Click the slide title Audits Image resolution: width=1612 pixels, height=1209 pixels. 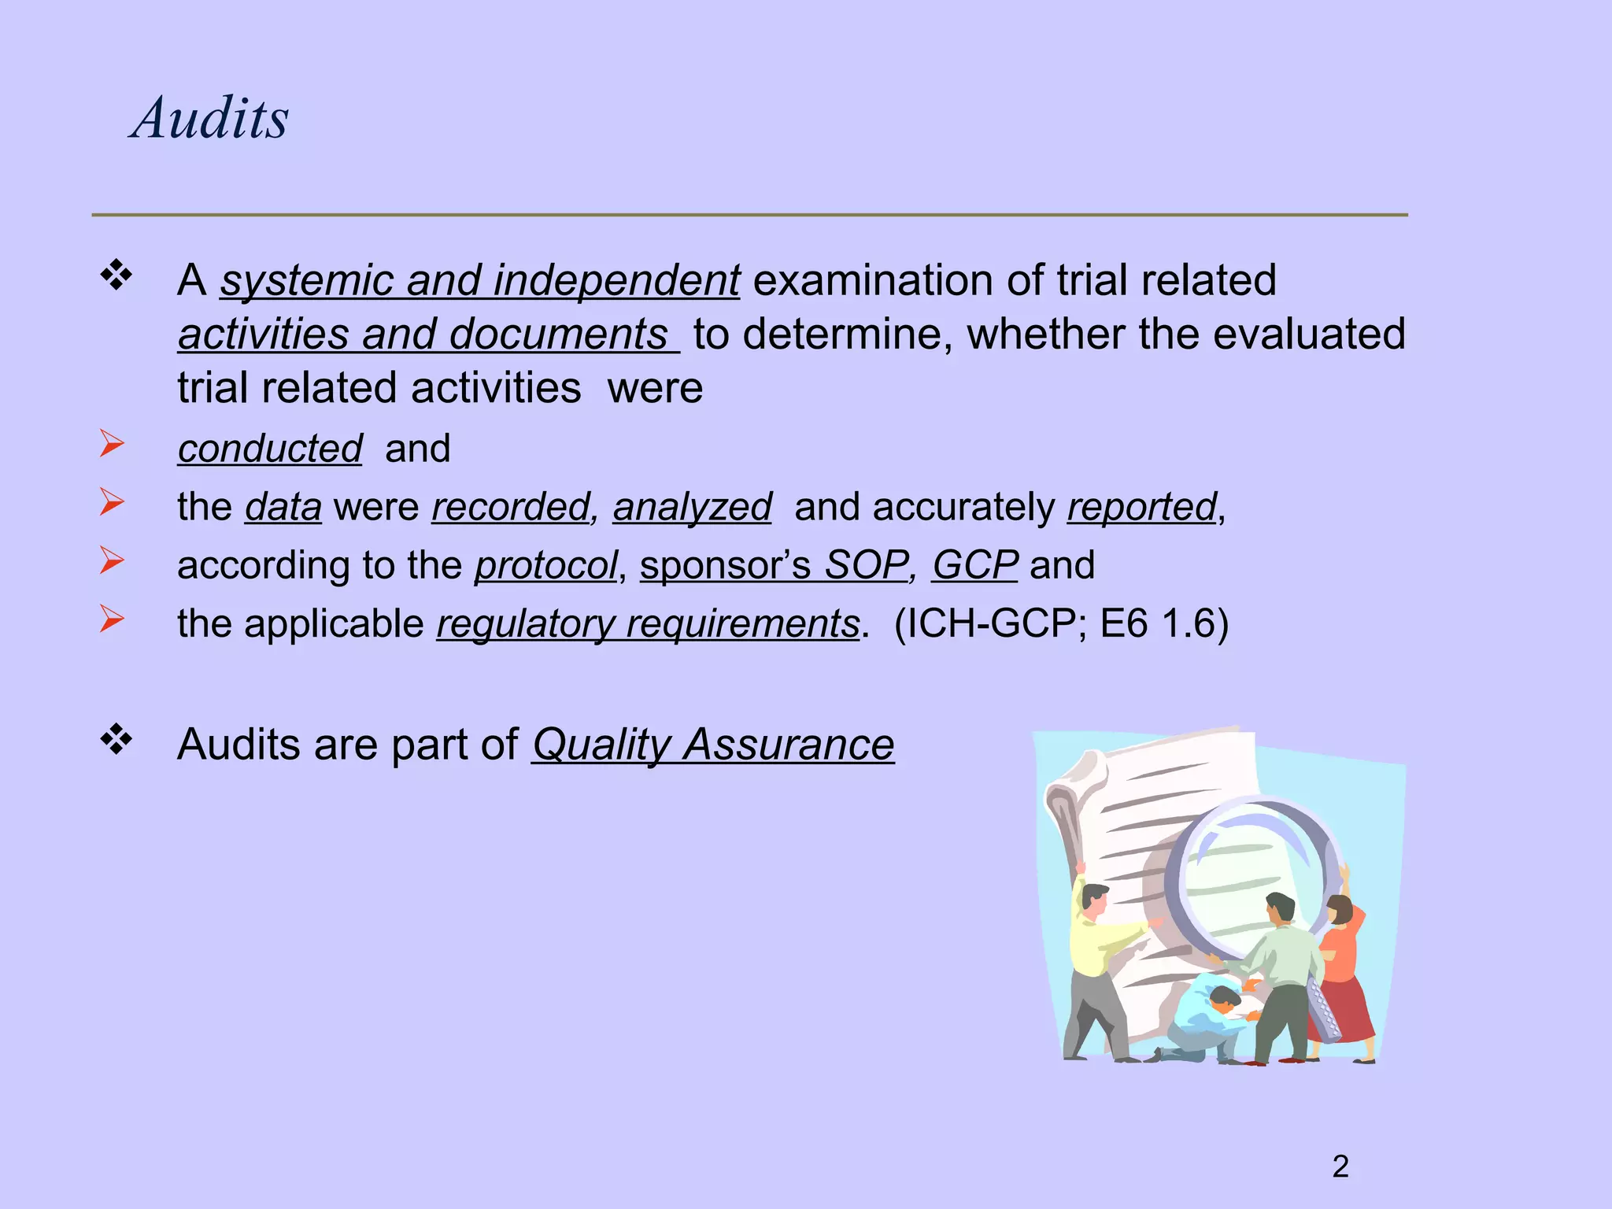[x=210, y=118]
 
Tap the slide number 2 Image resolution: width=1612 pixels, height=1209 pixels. [x=1340, y=1166]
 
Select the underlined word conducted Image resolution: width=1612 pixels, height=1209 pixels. [x=270, y=449]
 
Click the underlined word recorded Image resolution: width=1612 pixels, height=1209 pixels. [x=510, y=507]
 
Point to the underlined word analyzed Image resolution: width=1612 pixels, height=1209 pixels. [x=692, y=507]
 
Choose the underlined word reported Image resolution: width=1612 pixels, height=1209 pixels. [x=1141, y=507]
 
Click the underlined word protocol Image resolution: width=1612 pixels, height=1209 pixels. [x=545, y=565]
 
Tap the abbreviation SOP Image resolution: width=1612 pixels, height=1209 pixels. [x=865, y=565]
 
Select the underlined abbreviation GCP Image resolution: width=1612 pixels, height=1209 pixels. [x=974, y=565]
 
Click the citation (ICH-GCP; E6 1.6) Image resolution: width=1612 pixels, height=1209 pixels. [x=1061, y=623]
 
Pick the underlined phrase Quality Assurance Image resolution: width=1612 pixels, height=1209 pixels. [x=713, y=745]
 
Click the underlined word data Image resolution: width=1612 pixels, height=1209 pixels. [x=283, y=507]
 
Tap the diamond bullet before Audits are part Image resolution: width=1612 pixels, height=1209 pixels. [x=116, y=739]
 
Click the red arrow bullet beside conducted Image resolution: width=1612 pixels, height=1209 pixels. [x=112, y=444]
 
